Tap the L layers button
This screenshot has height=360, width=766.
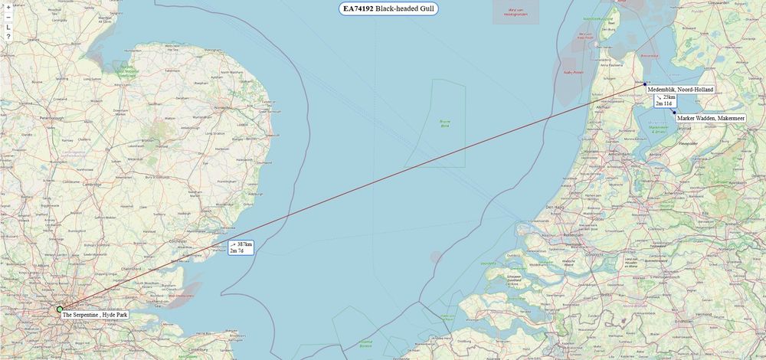tap(8, 27)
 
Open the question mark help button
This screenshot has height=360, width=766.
tap(8, 37)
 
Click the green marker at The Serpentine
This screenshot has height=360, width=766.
tap(60, 309)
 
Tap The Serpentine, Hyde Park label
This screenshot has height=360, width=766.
tap(95, 315)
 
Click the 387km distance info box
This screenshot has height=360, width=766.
tap(241, 247)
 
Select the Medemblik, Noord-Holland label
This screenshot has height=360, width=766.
tap(680, 90)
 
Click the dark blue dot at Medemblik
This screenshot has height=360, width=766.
tap(646, 84)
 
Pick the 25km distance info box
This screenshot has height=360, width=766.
tap(665, 101)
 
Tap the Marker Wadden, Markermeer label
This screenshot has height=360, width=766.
tap(711, 119)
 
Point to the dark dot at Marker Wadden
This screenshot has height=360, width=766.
tap(673, 113)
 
